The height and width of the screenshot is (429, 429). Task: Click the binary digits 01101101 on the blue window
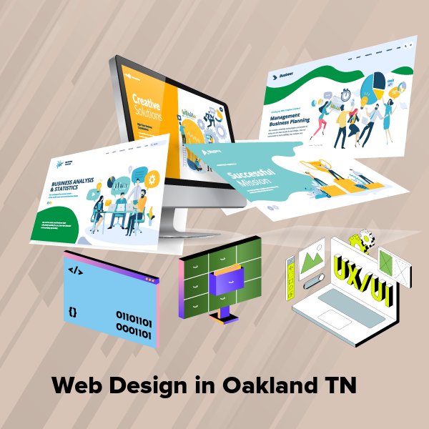(134, 316)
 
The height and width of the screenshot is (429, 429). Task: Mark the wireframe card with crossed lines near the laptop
(395, 266)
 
